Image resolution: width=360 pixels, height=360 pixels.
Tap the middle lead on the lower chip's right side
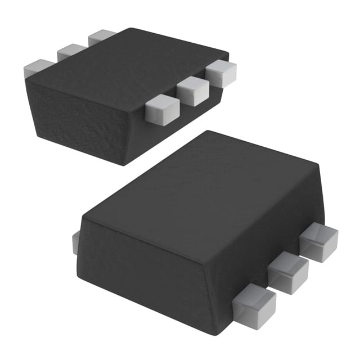(x=288, y=272)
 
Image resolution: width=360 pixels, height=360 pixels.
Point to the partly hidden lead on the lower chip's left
(x=75, y=242)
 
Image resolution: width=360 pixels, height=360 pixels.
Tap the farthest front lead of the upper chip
(x=220, y=73)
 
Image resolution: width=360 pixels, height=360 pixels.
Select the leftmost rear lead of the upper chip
(x=38, y=68)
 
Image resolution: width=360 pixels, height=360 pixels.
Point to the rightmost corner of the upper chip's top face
(x=228, y=55)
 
